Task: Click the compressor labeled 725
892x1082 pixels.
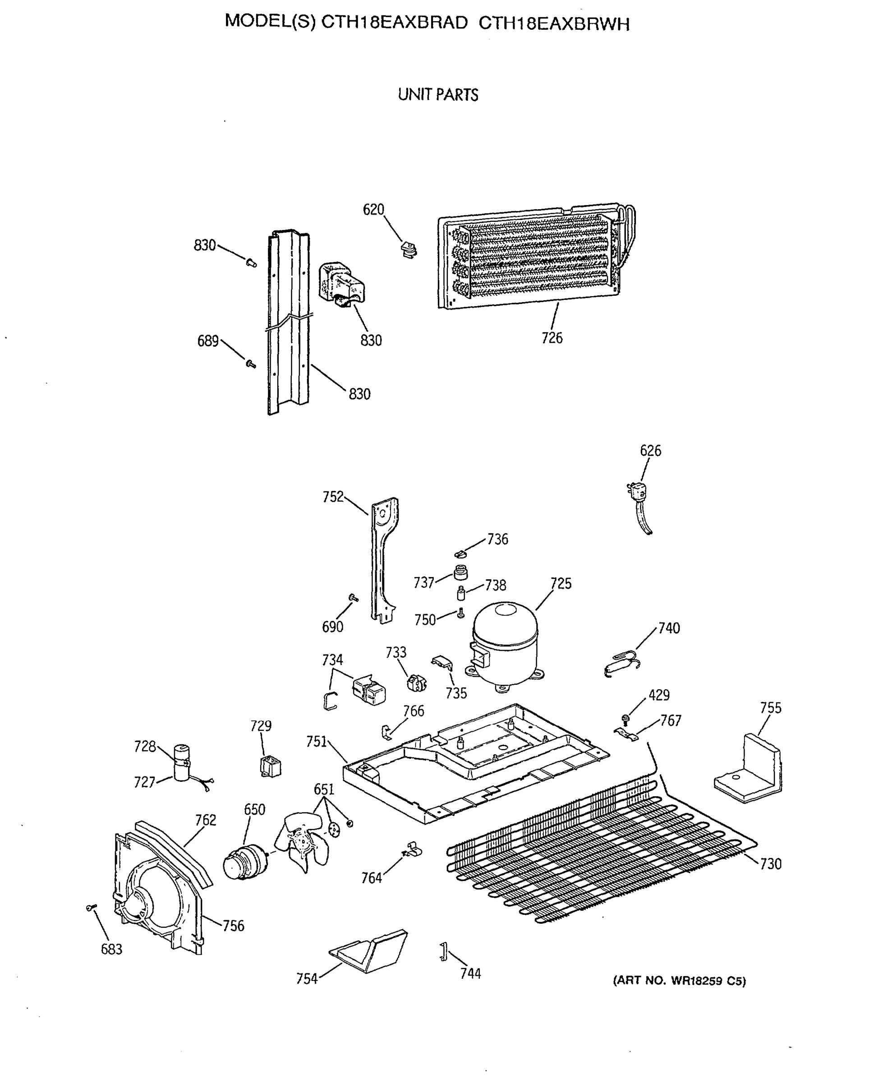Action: point(505,645)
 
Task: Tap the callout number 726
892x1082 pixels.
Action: point(552,338)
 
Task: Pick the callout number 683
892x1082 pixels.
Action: point(111,949)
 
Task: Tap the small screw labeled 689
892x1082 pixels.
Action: point(251,364)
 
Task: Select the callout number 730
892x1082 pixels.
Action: point(770,864)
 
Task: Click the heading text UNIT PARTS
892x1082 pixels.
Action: point(438,95)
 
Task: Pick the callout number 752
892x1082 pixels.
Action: point(332,497)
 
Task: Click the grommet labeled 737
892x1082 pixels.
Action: point(461,571)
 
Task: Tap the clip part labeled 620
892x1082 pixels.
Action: point(409,250)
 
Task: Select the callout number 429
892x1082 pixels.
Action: point(659,695)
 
